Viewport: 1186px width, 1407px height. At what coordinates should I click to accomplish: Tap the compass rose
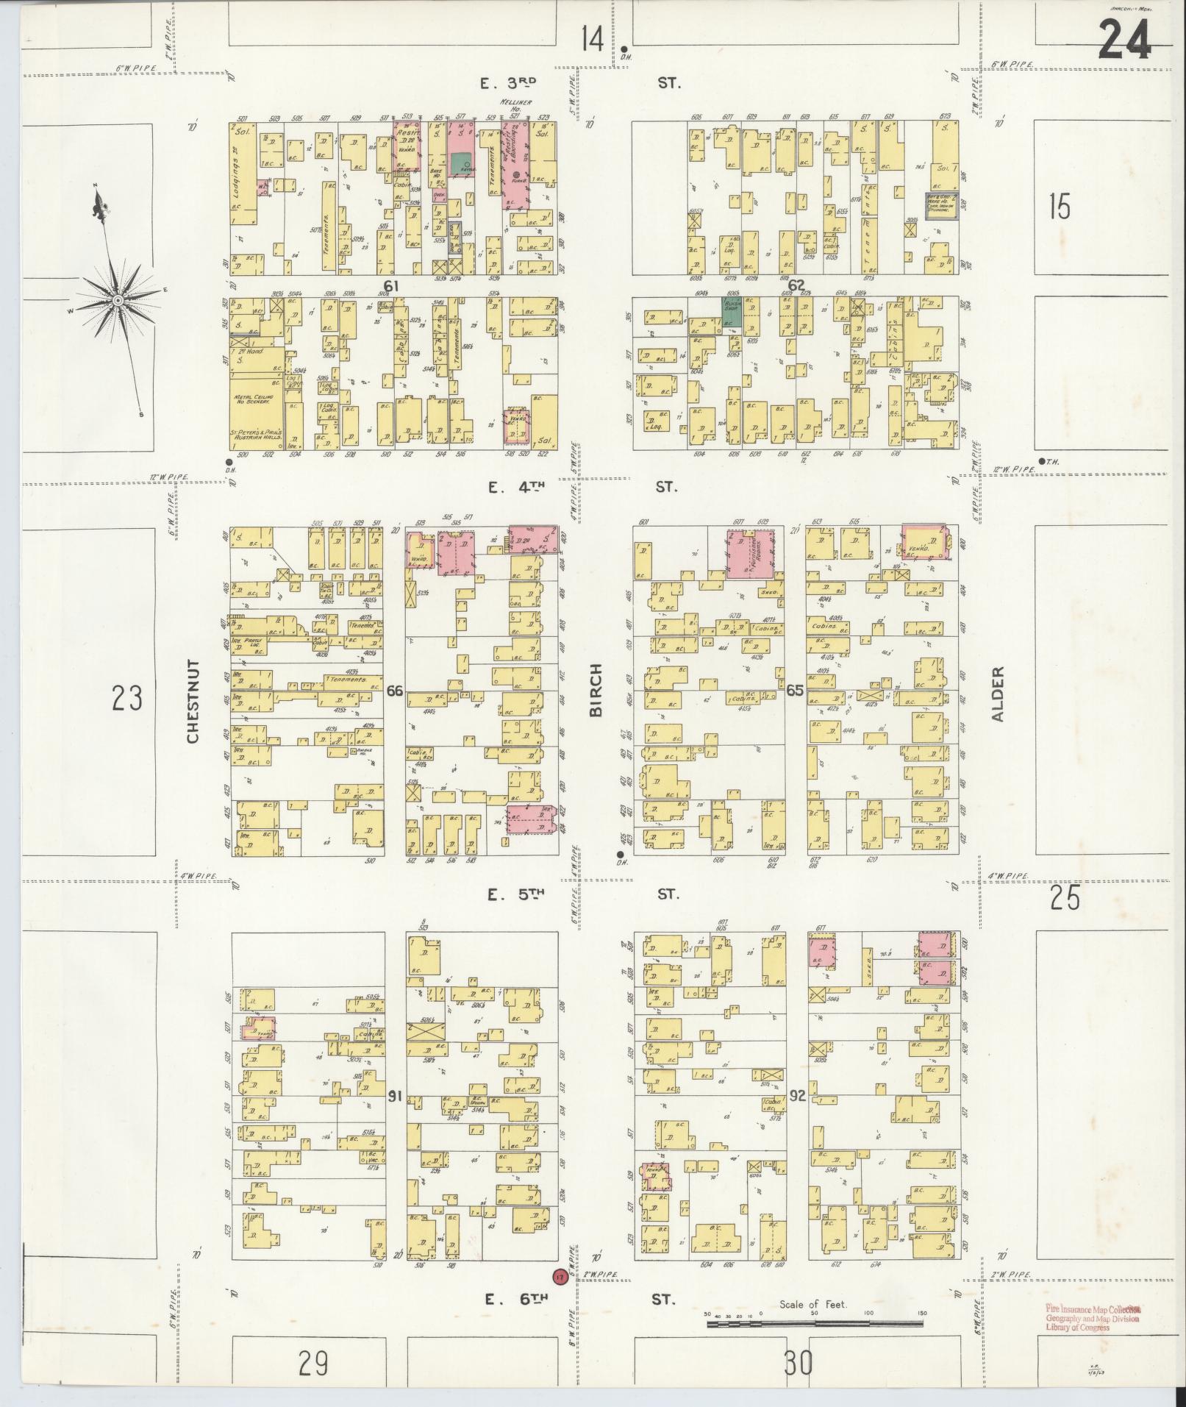(x=118, y=300)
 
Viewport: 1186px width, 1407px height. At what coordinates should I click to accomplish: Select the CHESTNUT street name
(x=193, y=701)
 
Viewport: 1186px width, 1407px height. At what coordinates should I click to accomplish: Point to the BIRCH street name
(x=596, y=690)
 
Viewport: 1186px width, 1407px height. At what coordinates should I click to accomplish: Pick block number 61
(x=390, y=285)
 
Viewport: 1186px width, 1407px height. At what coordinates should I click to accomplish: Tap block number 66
(x=395, y=690)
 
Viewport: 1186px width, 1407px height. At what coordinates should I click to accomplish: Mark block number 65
(x=795, y=690)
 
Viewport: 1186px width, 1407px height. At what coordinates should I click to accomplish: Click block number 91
(x=395, y=1097)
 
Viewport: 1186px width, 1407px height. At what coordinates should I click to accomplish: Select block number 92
(x=798, y=1097)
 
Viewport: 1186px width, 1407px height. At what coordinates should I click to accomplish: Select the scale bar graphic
(x=816, y=1324)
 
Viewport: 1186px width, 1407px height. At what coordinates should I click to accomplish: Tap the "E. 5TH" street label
(x=515, y=894)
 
